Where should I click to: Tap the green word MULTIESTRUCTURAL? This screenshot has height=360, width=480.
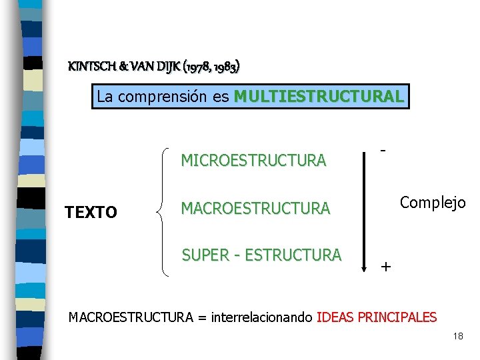pos(319,97)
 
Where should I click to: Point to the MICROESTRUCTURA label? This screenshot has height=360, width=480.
pos(253,161)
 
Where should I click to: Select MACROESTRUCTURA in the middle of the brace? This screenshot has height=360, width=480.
pos(255,209)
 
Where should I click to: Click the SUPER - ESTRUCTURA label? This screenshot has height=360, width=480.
pos(261,255)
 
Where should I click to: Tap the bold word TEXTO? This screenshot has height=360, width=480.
pos(91,213)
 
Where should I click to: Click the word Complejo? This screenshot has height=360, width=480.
pos(433,202)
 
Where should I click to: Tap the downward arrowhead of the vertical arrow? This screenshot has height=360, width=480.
pos(364,267)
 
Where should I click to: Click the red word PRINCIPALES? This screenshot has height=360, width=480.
pos(397,317)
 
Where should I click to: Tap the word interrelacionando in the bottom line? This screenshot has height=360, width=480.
pos(262,317)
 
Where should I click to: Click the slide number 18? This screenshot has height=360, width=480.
pos(457,337)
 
